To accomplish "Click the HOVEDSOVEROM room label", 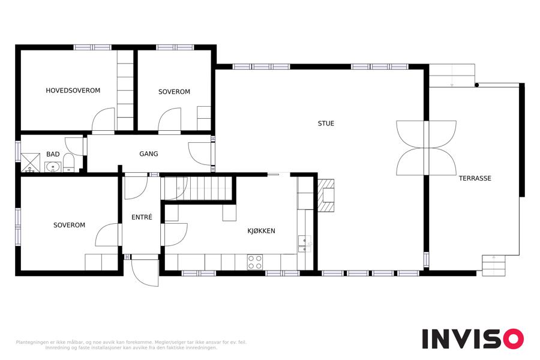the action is [73, 91].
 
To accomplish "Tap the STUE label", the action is [326, 124].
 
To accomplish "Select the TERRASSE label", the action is [475, 178].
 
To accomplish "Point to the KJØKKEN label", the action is [262, 231].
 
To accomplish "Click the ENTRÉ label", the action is [142, 217].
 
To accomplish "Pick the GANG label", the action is [149, 154].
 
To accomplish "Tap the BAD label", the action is [53, 154].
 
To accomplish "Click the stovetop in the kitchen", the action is [255, 262].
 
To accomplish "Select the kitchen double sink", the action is [305, 244].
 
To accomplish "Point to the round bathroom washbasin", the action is [53, 167].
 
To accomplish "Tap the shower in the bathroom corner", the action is [31, 163].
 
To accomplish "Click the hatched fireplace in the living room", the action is [326, 195].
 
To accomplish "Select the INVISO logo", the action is [473, 338].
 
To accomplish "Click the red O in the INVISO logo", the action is [514, 338].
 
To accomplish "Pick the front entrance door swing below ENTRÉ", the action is [145, 272].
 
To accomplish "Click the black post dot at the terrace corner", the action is [476, 85].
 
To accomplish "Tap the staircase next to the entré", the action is [198, 188].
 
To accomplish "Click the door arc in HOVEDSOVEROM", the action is [103, 119].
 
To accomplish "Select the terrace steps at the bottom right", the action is [494, 265].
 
